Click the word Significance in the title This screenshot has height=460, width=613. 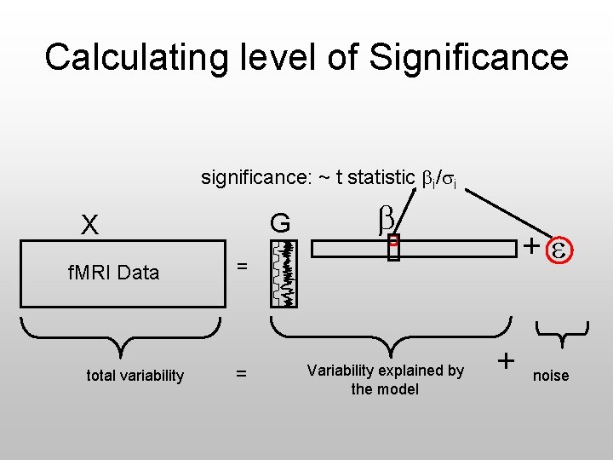tap(468, 57)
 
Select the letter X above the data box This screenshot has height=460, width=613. tap(89, 225)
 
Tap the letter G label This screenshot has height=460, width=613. tap(280, 224)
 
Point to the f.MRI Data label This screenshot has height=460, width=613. tap(113, 273)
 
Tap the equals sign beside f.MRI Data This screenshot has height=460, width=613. tap(242, 267)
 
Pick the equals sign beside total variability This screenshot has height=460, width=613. tap(242, 374)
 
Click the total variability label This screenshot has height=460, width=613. tap(135, 376)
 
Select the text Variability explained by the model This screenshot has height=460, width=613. tap(386, 380)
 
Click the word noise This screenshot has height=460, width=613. tap(551, 376)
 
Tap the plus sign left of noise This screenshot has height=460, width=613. tap(506, 361)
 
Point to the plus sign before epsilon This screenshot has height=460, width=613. tap(530, 248)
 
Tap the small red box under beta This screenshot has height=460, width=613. tap(392, 248)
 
